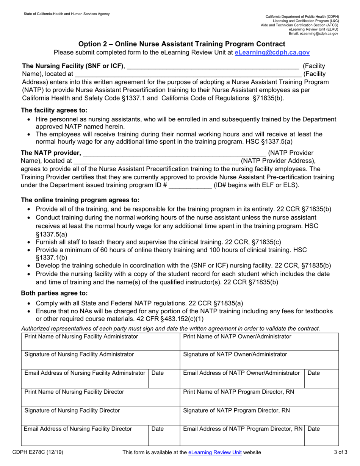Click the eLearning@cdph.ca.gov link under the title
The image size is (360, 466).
coord(272,53)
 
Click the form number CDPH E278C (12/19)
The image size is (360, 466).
coord(35,452)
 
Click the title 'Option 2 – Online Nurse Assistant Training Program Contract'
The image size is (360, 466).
coord(182,44)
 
